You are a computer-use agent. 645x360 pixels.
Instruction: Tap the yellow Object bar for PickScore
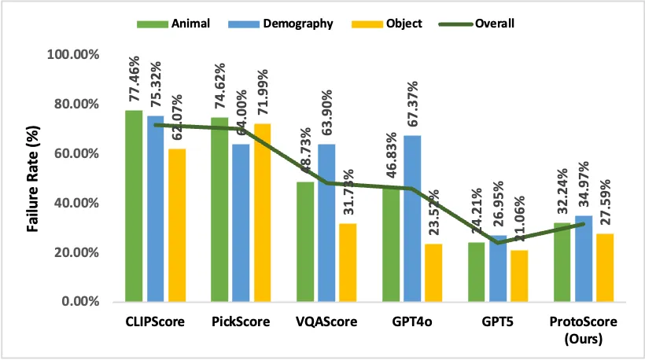[262, 212]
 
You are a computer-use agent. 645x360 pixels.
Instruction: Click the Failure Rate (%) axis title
[35, 178]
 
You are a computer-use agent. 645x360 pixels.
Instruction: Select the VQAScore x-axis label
[326, 322]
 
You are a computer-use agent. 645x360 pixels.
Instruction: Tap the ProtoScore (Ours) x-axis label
[584, 329]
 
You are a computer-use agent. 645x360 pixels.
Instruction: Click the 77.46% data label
[135, 80]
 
